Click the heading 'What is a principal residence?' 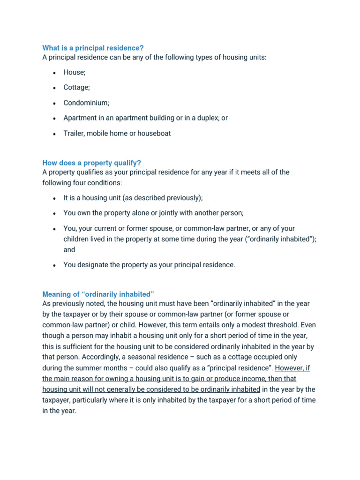[x=93, y=48]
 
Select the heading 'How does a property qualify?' [x=91, y=163]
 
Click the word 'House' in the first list [x=74, y=73]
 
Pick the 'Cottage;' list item [x=77, y=88]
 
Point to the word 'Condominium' [x=86, y=103]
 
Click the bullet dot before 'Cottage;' [x=54, y=88]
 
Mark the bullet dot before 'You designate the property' [x=54, y=265]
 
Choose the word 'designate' [x=92, y=265]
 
